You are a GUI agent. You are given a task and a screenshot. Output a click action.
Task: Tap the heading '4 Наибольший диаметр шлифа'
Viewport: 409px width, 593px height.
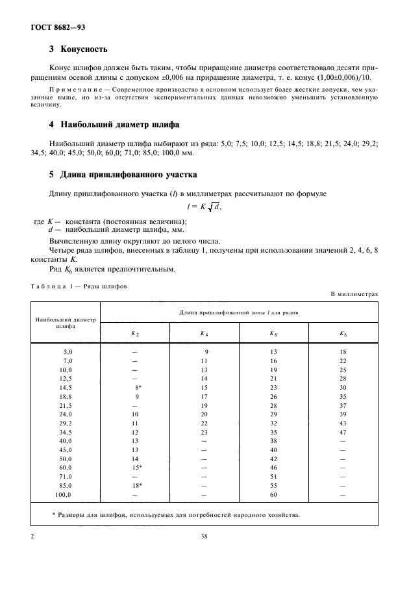(x=114, y=123)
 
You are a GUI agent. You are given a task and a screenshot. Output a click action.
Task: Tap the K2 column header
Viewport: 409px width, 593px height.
(x=135, y=333)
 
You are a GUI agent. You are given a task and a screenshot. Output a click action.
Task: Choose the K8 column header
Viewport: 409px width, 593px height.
(x=343, y=333)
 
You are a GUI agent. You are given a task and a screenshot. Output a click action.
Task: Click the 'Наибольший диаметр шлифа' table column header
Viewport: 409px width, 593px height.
(x=65, y=323)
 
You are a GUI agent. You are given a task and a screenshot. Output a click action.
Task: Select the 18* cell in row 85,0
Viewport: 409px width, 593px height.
(x=137, y=486)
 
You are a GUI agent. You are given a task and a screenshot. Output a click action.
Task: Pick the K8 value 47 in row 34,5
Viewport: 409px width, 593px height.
(x=343, y=432)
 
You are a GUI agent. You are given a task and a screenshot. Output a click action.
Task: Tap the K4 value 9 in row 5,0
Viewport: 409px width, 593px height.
(x=206, y=351)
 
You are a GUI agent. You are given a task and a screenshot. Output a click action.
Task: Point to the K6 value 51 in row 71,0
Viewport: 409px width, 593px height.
(x=273, y=477)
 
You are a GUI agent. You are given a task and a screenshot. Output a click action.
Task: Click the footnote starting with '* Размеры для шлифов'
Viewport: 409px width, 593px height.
(x=175, y=515)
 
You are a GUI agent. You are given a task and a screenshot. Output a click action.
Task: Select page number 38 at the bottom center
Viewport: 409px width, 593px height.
(x=204, y=537)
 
